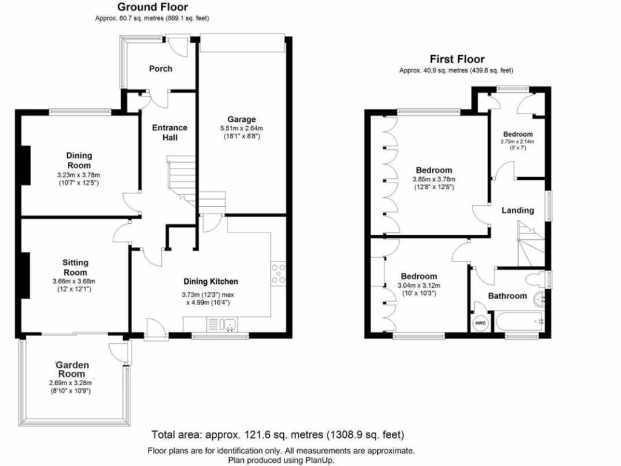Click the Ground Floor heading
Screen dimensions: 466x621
point(152,7)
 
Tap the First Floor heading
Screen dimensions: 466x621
point(457,59)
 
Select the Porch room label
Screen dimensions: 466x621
point(161,69)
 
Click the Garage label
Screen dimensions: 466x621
point(241,119)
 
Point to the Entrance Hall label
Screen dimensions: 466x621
point(169,132)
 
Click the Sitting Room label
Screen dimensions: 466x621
point(75,267)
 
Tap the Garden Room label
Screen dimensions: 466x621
point(72,370)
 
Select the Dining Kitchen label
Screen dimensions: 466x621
point(211,282)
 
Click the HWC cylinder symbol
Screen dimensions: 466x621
point(480,323)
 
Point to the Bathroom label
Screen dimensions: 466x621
point(508,296)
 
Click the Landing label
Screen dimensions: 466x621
point(517,211)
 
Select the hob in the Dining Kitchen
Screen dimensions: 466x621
point(278,274)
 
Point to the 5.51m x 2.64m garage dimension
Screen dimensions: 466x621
point(241,129)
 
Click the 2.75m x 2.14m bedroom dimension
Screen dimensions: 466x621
point(517,141)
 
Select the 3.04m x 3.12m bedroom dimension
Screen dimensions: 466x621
point(418,286)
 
